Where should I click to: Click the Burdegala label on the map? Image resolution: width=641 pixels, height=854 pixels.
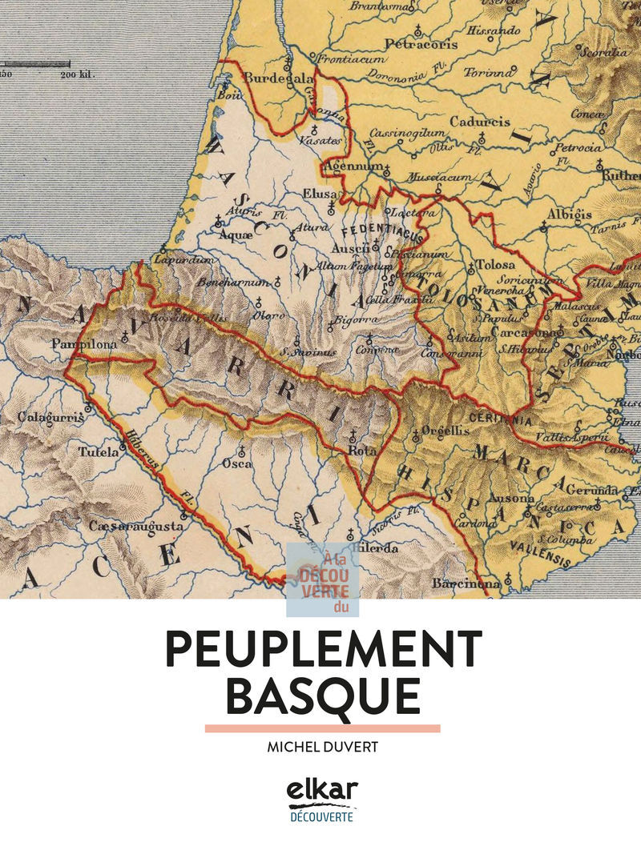coord(268,78)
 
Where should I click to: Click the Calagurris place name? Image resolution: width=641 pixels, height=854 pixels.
coord(40,417)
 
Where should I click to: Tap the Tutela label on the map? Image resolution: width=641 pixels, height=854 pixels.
coord(98,452)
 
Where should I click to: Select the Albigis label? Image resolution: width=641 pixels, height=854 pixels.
coord(569,215)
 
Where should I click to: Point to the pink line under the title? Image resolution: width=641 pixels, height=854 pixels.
coord(322,728)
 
